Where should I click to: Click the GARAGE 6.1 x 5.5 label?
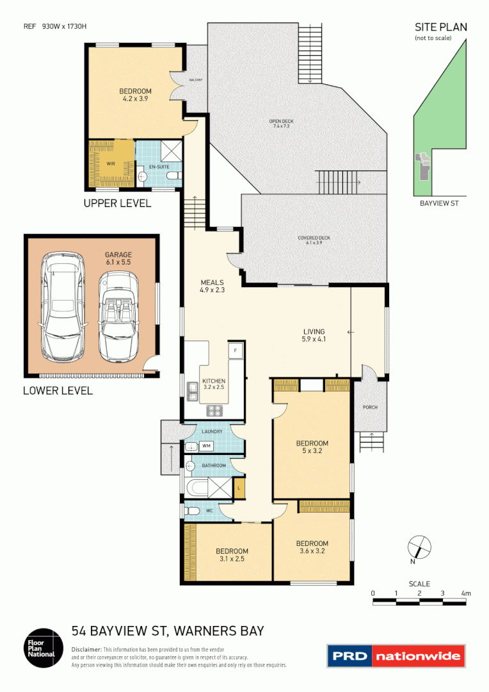coord(118,258)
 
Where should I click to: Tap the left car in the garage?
coord(63,307)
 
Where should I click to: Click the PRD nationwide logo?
coord(395,655)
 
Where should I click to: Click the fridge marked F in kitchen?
coord(235,350)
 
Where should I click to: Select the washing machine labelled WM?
coord(206,445)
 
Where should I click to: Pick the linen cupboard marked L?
coord(238,488)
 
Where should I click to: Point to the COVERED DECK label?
coord(314,240)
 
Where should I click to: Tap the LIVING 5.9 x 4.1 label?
coord(314,335)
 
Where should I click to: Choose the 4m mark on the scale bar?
coord(466,593)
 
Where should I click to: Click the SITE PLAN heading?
coord(440,27)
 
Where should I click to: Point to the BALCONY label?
coord(196,80)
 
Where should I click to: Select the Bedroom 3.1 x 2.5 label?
coord(232,554)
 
